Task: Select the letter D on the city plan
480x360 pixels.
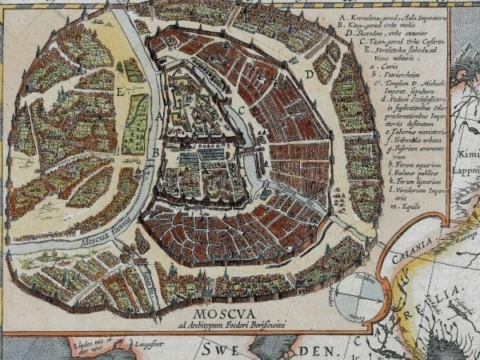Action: (x=307, y=75)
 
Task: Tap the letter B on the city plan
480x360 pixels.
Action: (x=154, y=152)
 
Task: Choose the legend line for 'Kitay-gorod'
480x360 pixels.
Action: (x=392, y=26)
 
